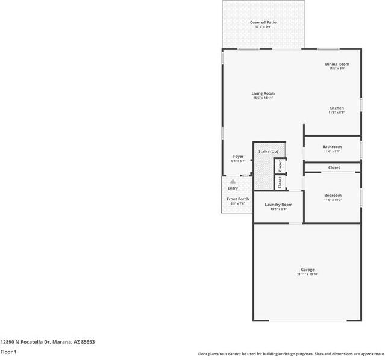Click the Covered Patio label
[263, 22]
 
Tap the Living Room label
[263, 93]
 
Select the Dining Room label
[337, 64]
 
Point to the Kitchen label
[336, 108]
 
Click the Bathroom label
[332, 147]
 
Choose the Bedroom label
[333, 196]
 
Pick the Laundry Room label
[278, 205]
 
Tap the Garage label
[307, 270]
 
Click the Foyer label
[239, 157]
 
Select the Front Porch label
[237, 199]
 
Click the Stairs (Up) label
[268, 151]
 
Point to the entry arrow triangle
[233, 181]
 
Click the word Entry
[233, 188]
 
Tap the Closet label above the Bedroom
[334, 167]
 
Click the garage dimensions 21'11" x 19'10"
[307, 275]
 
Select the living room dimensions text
[263, 98]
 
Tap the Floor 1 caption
[8, 352]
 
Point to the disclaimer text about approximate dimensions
[291, 354]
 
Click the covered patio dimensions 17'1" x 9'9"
[263, 27]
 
